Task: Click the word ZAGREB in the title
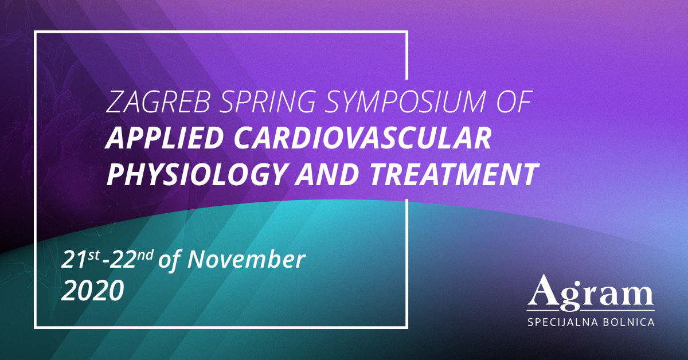158,101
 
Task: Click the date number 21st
80,259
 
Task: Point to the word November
247,260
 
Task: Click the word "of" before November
170,260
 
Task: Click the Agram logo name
591,292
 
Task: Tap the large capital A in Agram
545,289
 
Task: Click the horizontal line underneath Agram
591,311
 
